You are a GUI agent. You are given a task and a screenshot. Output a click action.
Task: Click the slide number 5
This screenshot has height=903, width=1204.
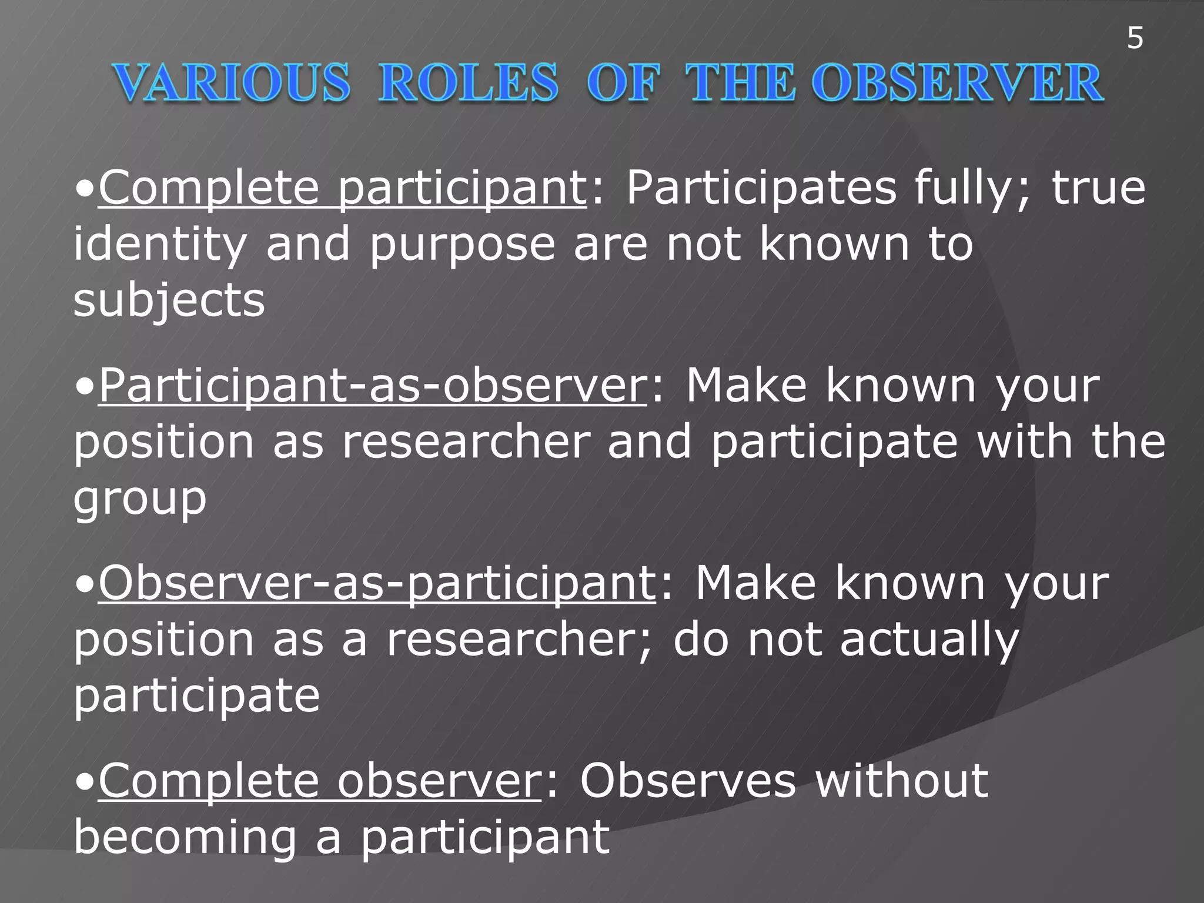click(x=1135, y=39)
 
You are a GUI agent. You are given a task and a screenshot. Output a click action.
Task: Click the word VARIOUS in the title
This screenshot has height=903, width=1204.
click(x=232, y=83)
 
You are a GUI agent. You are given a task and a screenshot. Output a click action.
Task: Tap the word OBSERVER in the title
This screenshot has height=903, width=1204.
click(x=959, y=83)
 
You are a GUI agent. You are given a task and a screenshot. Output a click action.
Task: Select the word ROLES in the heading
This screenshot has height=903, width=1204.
click(x=468, y=83)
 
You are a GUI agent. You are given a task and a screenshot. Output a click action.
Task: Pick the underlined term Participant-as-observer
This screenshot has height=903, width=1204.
click(x=373, y=386)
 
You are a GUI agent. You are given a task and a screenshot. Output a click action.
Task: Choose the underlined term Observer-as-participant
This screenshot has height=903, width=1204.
click(x=377, y=583)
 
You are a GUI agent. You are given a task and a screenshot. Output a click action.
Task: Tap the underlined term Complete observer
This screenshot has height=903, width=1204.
click(x=319, y=781)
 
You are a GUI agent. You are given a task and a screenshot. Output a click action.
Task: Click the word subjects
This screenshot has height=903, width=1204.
click(x=169, y=300)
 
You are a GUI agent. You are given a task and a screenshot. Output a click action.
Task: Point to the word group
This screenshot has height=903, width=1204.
click(x=140, y=499)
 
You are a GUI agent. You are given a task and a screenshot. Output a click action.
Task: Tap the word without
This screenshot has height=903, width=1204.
click(x=902, y=781)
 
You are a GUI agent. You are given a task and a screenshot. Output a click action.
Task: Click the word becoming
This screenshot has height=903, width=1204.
click(x=185, y=837)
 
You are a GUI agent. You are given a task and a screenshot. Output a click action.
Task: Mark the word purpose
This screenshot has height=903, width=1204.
click(x=462, y=245)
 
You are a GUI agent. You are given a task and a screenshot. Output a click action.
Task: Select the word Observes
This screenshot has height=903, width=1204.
click(x=688, y=781)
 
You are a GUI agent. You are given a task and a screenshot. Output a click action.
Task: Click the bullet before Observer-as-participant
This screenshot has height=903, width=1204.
click(x=85, y=586)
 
